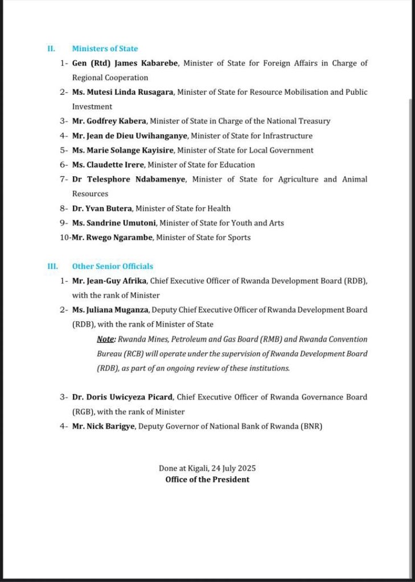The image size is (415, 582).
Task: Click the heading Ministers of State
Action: (x=105, y=49)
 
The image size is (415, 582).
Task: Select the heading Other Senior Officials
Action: (x=112, y=266)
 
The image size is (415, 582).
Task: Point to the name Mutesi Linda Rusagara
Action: (x=130, y=92)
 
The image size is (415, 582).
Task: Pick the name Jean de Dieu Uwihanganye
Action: (x=140, y=136)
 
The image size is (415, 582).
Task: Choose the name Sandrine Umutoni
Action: (x=126, y=223)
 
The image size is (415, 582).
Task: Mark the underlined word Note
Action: (x=106, y=339)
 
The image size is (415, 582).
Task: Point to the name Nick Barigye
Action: (x=114, y=426)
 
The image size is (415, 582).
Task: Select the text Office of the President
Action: (x=207, y=480)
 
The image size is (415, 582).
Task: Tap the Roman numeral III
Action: (x=51, y=266)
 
